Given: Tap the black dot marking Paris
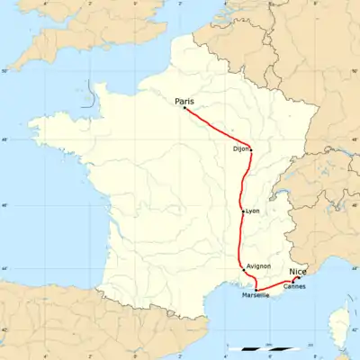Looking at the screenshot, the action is pos(184,109).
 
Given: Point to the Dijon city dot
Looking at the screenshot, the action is pos(250,149).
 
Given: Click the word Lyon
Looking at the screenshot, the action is pos(252,211).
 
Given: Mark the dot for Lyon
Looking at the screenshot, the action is pos(242,211).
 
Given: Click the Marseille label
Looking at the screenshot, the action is pos(256,295).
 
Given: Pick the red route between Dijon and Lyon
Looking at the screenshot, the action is pos(242,180).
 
